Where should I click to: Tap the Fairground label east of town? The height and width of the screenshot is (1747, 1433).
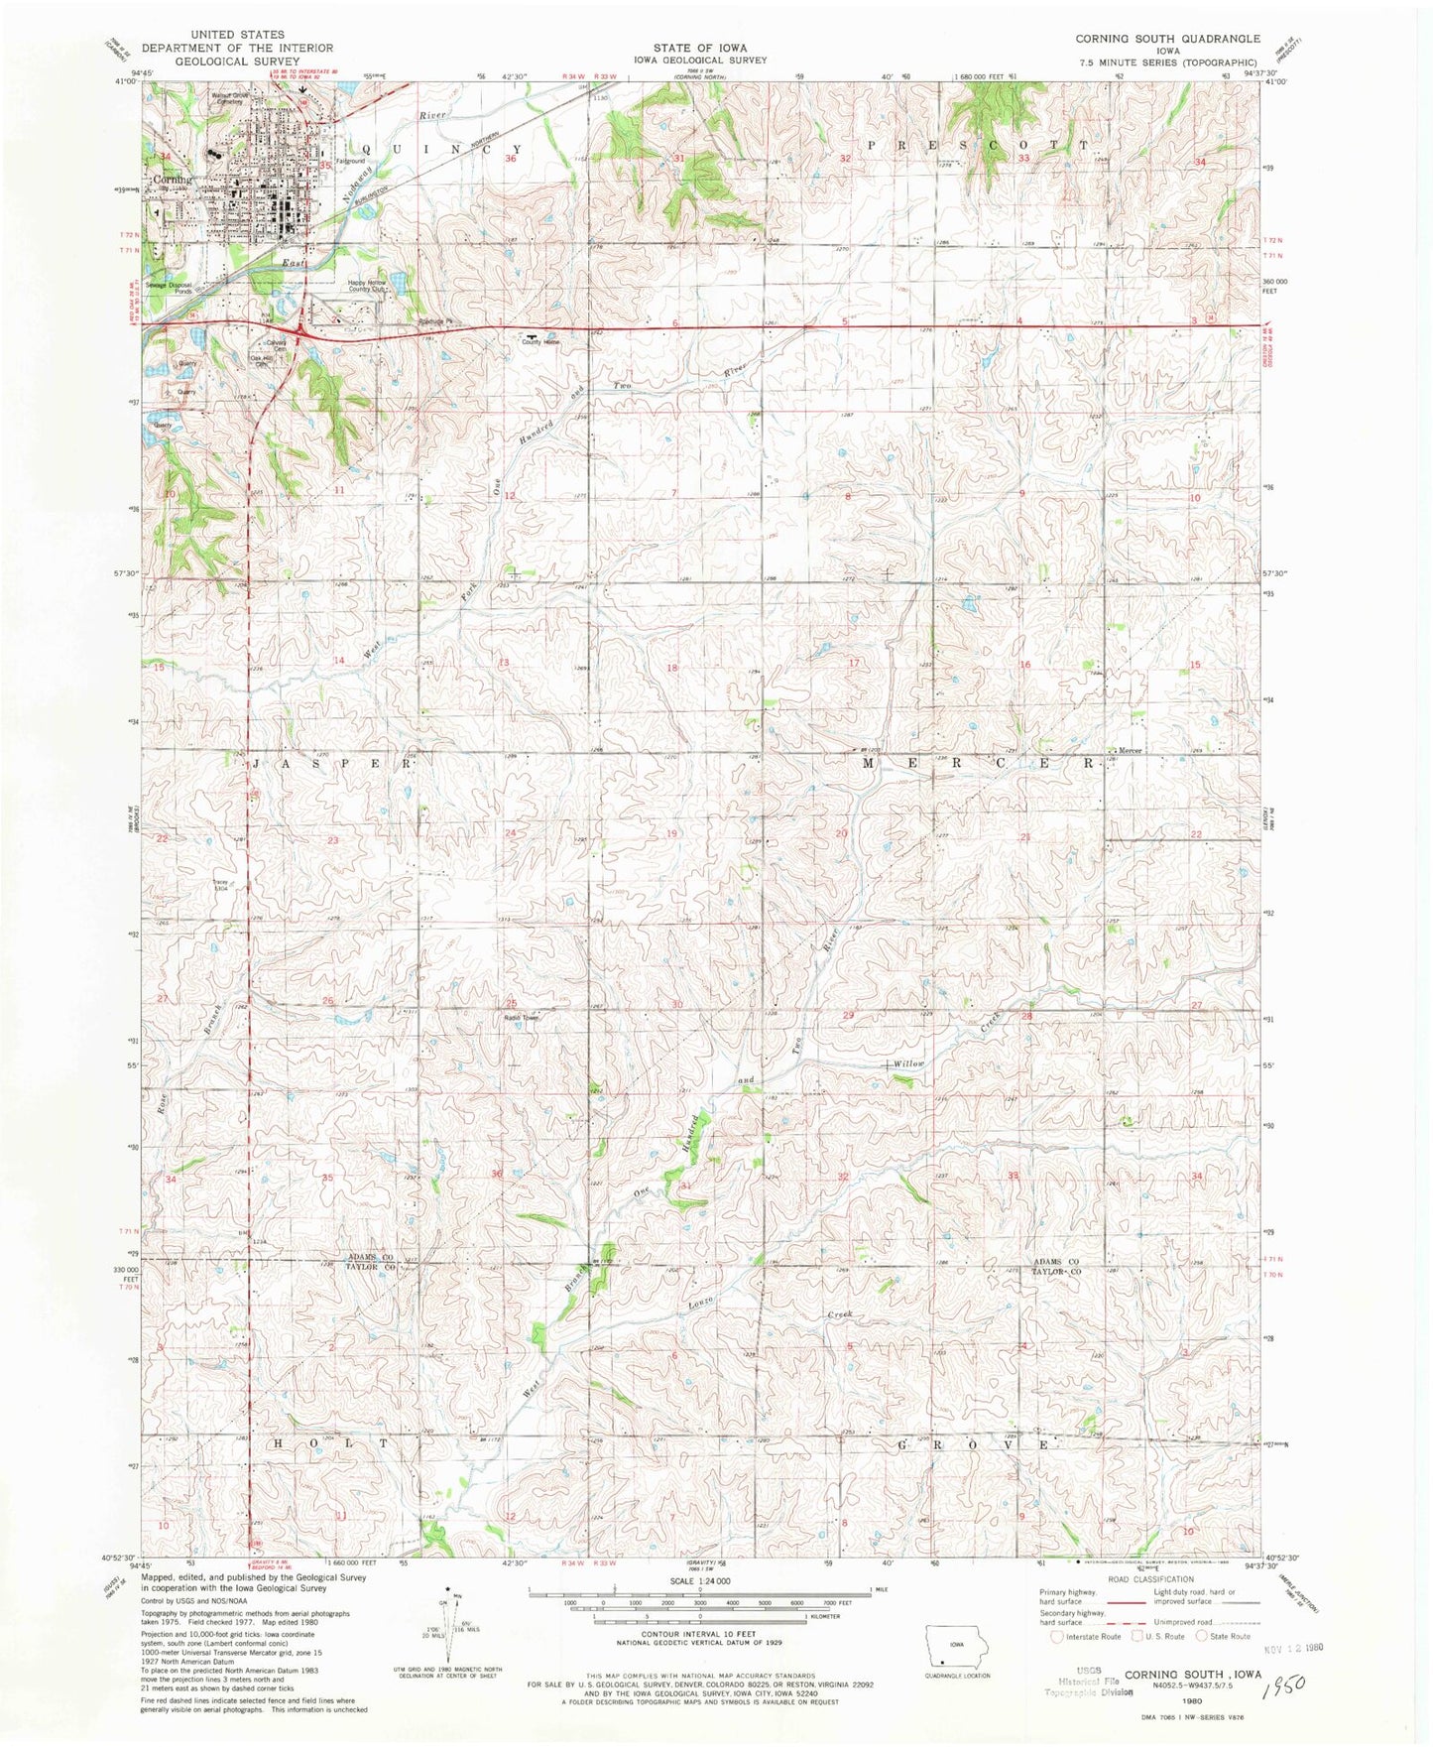350,161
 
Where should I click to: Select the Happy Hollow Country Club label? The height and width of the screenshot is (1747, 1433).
367,286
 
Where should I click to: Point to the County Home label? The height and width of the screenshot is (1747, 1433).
541,342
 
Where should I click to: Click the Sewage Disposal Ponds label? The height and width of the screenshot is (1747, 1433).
169,288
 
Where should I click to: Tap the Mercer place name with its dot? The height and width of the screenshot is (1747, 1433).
1128,750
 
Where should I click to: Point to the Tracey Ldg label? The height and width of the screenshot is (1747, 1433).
220,885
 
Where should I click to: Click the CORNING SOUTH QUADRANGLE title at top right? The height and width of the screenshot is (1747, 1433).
1167,39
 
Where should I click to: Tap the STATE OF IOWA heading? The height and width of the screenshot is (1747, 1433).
699,48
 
